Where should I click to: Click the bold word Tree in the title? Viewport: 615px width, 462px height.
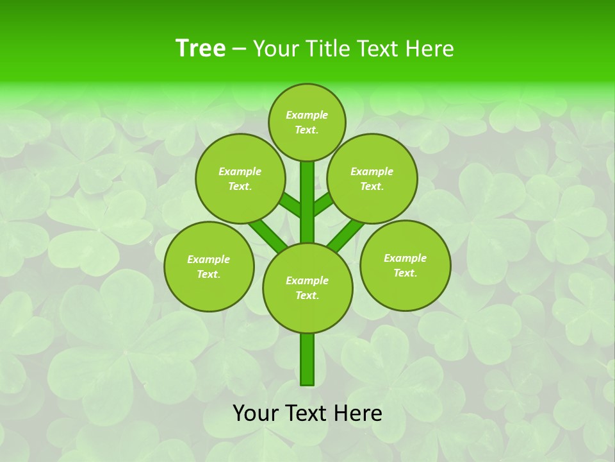[x=201, y=49]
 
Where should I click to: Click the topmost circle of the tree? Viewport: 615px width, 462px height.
[x=307, y=122]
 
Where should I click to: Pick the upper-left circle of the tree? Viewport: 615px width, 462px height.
[x=240, y=178]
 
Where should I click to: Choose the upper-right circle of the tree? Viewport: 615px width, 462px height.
[x=372, y=178]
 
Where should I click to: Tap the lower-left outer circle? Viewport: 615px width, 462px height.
[x=209, y=266]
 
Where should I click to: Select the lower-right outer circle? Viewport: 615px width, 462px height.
[x=406, y=265]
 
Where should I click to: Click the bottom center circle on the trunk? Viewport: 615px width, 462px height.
[x=307, y=288]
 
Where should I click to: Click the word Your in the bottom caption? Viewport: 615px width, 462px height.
[x=256, y=413]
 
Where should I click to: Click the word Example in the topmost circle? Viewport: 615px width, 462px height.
[x=307, y=115]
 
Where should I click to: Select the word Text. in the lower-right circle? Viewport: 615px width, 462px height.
[x=406, y=273]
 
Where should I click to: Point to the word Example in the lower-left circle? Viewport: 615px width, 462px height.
[x=209, y=259]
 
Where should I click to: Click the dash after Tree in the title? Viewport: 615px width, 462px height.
[x=239, y=49]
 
